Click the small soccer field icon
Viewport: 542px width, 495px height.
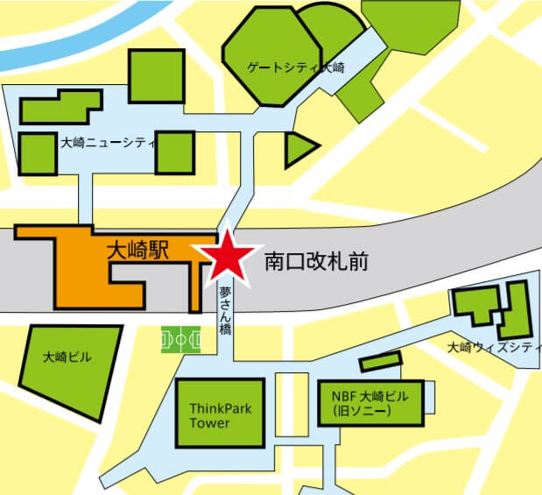click(x=181, y=340)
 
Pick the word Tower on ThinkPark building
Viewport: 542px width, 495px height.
click(x=209, y=424)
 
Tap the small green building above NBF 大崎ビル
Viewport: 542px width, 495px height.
click(x=380, y=360)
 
